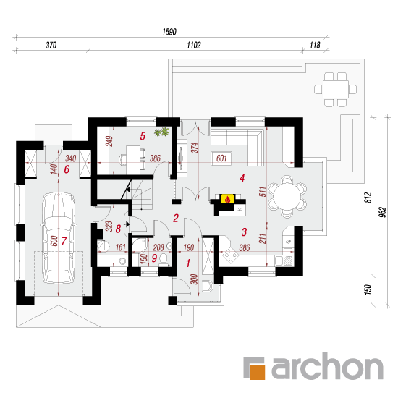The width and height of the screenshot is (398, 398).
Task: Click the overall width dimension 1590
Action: [x=169, y=32]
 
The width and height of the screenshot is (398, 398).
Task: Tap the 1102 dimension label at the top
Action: [x=194, y=45]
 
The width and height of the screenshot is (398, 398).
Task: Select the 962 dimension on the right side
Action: [x=383, y=212]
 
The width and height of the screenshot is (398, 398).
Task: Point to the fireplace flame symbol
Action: [x=227, y=199]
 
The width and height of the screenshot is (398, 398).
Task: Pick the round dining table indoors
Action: [x=287, y=196]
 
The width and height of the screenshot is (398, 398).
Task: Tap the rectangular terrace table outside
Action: [x=336, y=89]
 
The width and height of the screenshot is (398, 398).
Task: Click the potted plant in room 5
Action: [x=161, y=132]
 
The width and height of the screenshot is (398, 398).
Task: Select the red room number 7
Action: [x=64, y=241]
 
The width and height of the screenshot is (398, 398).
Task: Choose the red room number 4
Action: [x=242, y=178]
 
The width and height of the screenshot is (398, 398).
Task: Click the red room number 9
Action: [x=154, y=258]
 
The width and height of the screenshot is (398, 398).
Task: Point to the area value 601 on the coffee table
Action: [x=221, y=158]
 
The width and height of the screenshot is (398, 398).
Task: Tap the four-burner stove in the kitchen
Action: [x=230, y=255]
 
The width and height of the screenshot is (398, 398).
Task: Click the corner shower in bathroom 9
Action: [x=140, y=245]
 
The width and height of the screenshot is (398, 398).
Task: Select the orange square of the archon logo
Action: [x=257, y=372]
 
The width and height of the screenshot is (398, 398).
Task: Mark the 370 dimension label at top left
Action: [x=51, y=45]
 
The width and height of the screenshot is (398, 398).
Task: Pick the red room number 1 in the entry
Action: [x=188, y=263]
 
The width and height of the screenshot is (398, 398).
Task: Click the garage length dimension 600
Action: [x=54, y=241]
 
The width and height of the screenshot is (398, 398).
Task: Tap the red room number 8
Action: [x=118, y=229]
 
